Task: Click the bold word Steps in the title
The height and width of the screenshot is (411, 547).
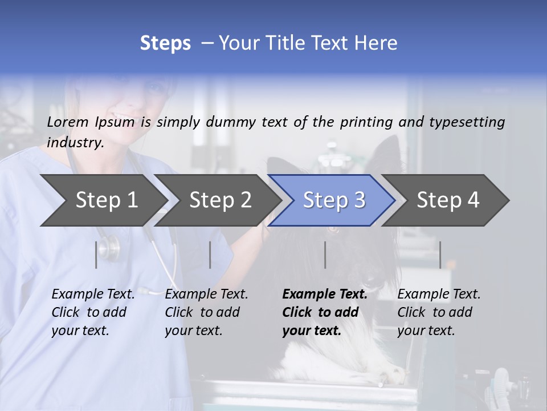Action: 165,43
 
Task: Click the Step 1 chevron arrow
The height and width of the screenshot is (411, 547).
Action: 103,200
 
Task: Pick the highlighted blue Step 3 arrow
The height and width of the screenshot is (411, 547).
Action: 333,200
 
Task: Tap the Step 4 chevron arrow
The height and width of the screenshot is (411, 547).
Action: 447,200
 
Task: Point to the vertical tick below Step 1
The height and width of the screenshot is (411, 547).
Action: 96,255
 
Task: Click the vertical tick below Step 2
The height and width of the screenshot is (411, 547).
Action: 210,255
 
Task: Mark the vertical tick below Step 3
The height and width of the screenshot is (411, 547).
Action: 325,255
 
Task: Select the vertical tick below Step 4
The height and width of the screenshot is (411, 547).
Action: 440,255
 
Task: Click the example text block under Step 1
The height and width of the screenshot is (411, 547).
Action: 93,312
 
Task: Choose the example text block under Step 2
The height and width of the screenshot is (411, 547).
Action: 206,312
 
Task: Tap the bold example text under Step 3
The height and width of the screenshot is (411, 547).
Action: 325,312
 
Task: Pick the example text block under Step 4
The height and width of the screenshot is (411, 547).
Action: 439,312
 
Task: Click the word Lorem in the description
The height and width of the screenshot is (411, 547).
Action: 68,122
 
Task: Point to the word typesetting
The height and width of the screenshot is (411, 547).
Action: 467,122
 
